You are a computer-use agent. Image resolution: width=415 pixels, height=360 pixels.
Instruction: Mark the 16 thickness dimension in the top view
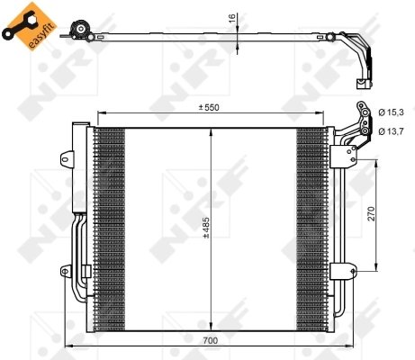point(231,18)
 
